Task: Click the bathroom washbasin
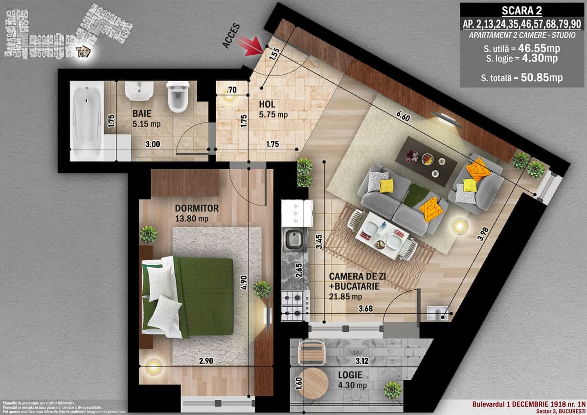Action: pyautogui.click(x=139, y=91)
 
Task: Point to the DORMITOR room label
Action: pyautogui.click(x=197, y=208)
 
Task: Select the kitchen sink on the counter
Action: pyautogui.click(x=295, y=239)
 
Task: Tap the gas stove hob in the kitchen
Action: pyautogui.click(x=295, y=303)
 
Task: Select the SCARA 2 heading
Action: pyautogui.click(x=522, y=10)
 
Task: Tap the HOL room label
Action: pyautogui.click(x=267, y=105)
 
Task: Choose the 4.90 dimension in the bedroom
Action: pyautogui.click(x=243, y=283)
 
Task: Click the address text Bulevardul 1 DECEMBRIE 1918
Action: pyautogui.click(x=528, y=404)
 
